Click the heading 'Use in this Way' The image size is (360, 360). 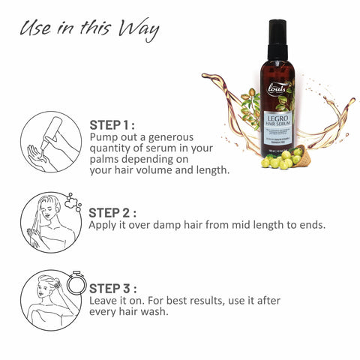[89, 29]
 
